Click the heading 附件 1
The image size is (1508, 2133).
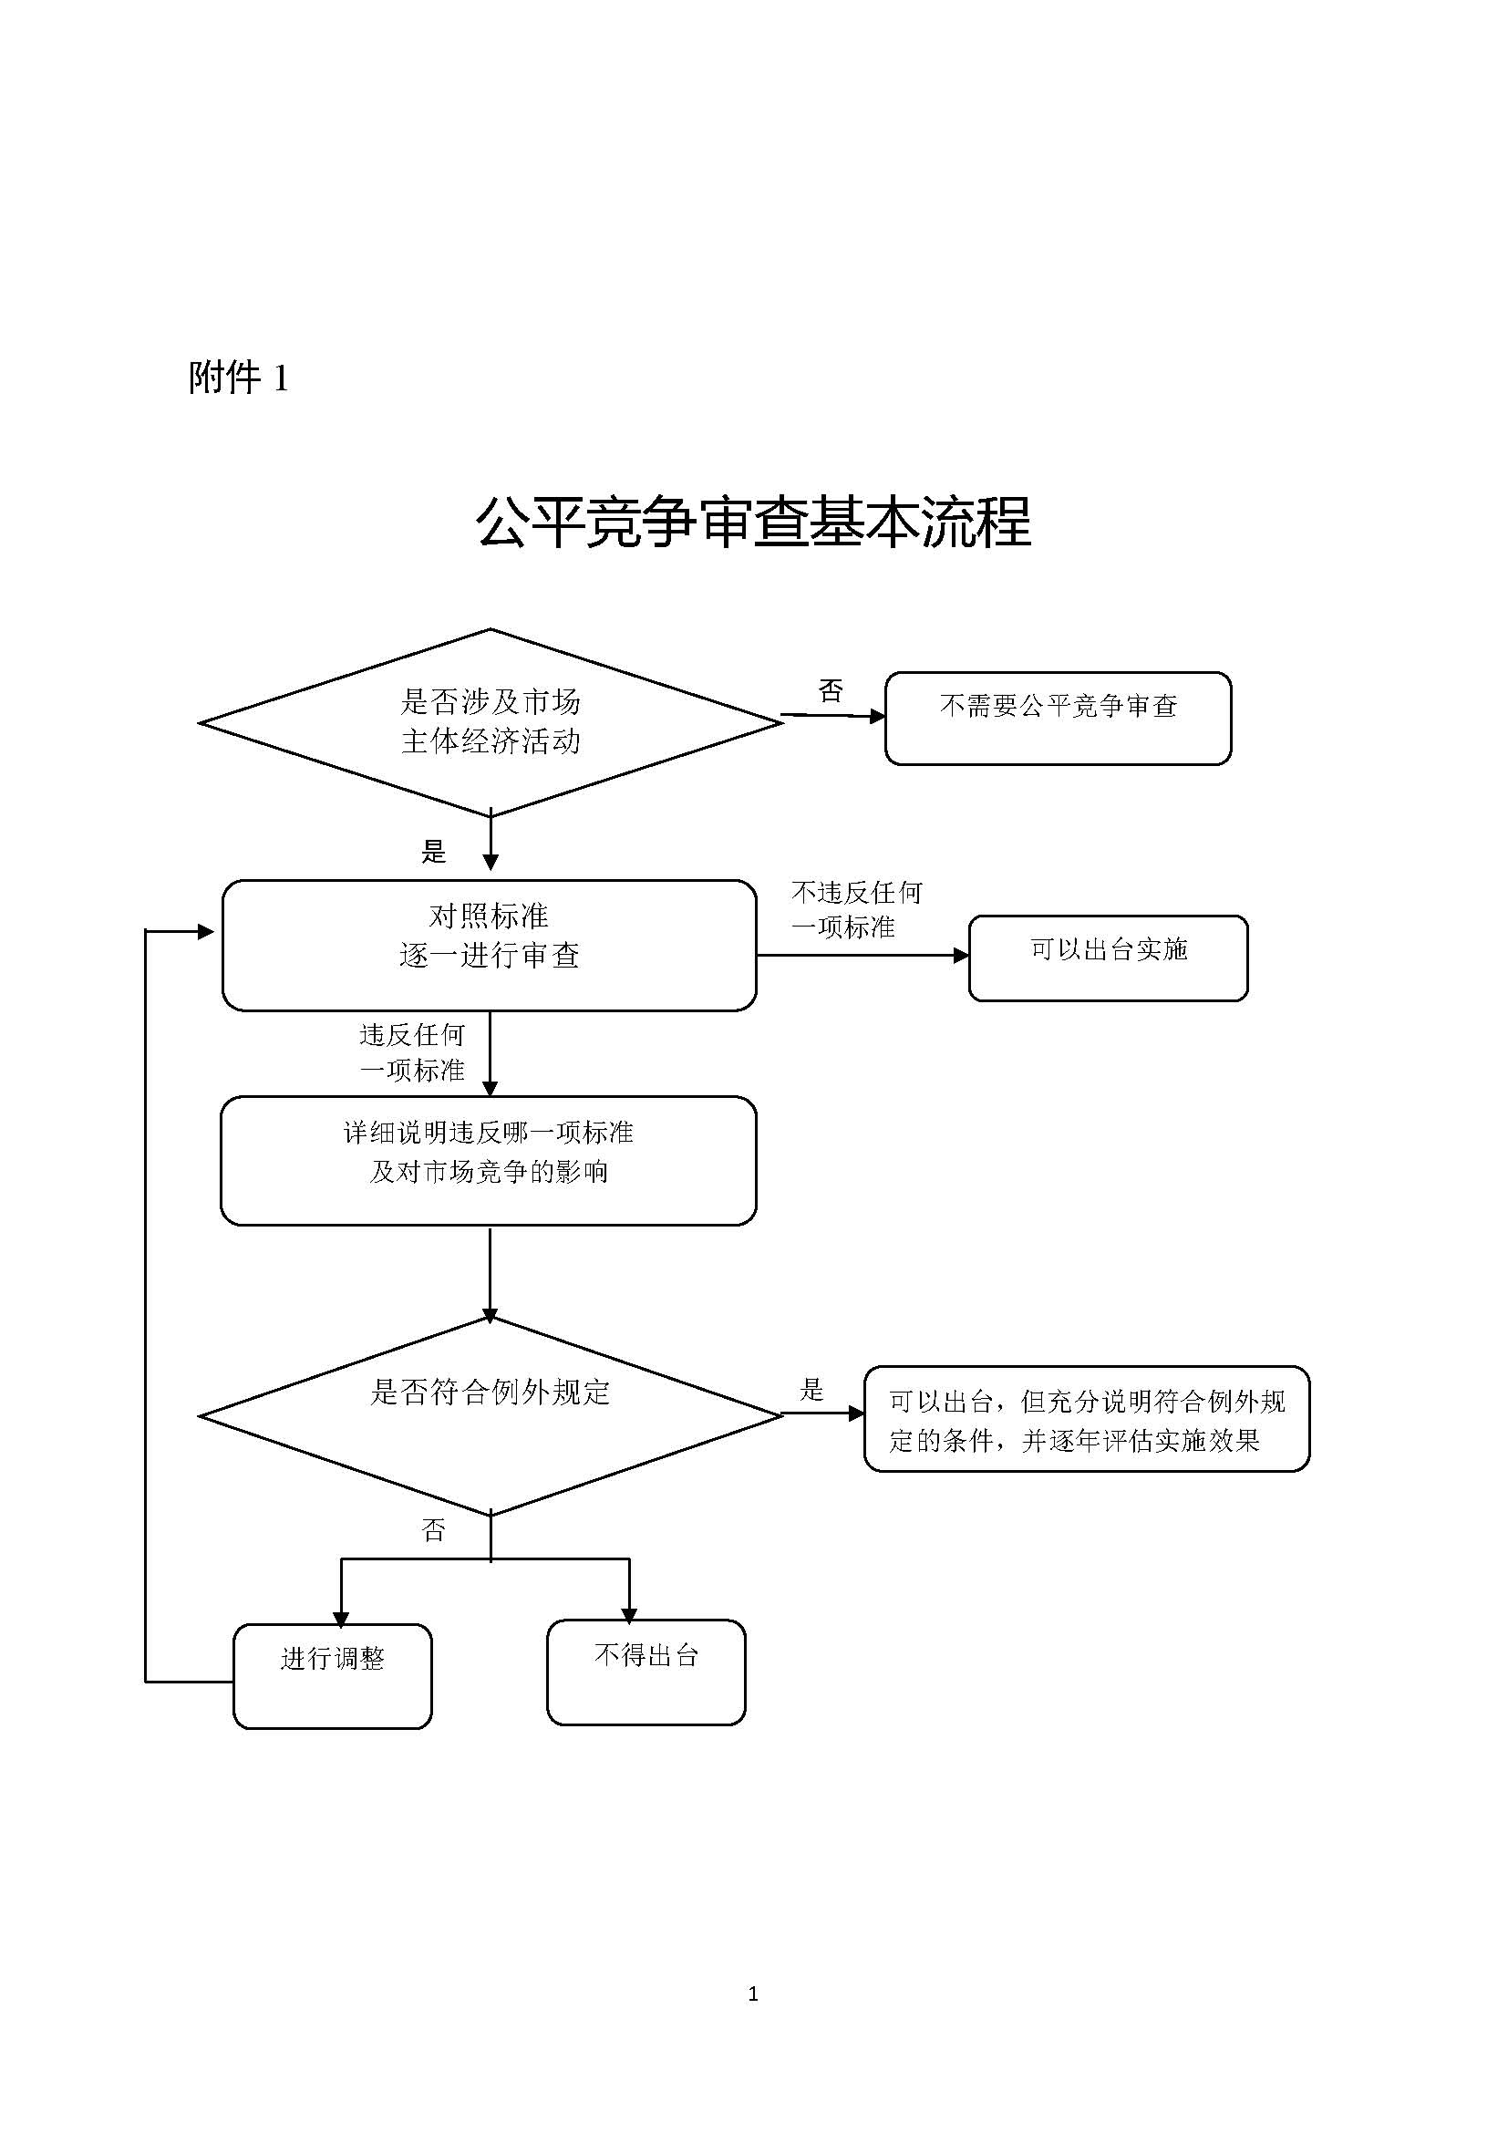(239, 378)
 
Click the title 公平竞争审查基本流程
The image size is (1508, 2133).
(753, 523)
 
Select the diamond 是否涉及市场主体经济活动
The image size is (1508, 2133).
(491, 722)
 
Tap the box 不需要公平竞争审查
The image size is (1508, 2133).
(1058, 718)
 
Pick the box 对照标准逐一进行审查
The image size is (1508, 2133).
(490, 945)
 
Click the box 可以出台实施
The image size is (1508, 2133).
(1108, 958)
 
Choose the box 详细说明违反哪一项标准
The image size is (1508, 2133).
(489, 1160)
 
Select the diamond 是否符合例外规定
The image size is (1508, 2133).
(491, 1416)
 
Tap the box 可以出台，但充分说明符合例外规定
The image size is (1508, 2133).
(1087, 1419)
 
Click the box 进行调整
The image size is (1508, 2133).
(333, 1676)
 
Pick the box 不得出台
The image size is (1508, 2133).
(646, 1672)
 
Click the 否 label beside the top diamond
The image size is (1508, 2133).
(831, 690)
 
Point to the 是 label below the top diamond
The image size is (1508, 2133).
(434, 851)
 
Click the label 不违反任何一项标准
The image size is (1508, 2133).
(856, 909)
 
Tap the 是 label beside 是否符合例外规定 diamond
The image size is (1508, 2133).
(811, 1390)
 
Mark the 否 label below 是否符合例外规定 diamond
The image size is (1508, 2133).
(434, 1530)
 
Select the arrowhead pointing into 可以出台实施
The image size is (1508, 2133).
(961, 955)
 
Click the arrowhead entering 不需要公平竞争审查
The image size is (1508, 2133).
(877, 716)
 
